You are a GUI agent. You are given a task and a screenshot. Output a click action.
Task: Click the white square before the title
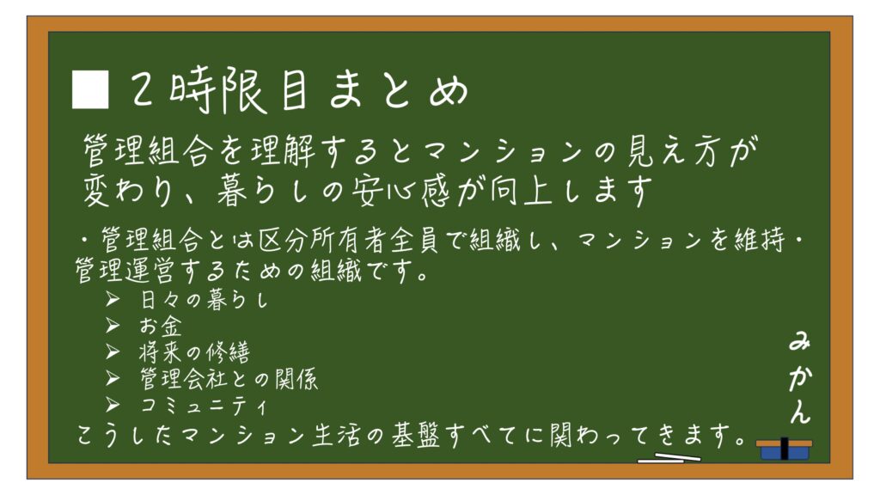click(x=89, y=89)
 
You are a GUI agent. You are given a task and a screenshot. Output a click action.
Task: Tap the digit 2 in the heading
click(x=142, y=89)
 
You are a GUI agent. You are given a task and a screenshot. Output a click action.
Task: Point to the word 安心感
click(x=400, y=191)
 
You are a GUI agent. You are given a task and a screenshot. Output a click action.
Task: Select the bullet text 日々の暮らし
click(x=204, y=300)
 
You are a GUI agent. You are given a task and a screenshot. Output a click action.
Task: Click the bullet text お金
click(x=161, y=327)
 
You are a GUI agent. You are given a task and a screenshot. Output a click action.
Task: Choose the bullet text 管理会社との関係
click(x=229, y=379)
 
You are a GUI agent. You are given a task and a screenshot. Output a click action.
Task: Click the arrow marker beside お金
click(x=113, y=326)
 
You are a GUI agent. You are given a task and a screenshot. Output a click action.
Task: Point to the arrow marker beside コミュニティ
click(x=113, y=405)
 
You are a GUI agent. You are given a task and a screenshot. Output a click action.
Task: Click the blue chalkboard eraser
click(x=784, y=449)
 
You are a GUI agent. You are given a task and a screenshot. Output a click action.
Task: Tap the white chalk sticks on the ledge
click(x=669, y=458)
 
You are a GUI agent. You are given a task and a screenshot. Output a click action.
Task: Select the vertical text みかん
click(x=799, y=378)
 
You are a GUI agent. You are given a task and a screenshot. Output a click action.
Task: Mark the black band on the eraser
click(x=784, y=449)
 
